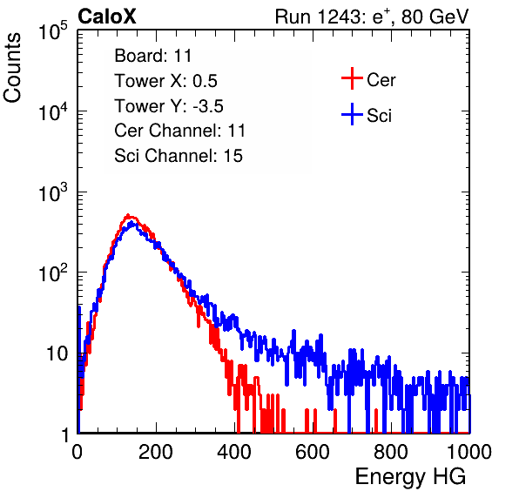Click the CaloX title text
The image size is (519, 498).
point(107,17)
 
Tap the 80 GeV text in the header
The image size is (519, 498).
point(435,17)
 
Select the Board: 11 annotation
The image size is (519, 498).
point(153,56)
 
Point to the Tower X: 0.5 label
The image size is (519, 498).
point(165,81)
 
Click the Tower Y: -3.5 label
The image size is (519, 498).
point(169,106)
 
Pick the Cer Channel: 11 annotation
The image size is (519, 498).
point(179,131)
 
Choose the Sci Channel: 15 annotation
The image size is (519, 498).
point(179,156)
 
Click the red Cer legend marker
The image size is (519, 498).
point(352,78)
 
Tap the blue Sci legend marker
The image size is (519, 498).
point(352,114)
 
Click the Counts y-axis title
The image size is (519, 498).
point(12,68)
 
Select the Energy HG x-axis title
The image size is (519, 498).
point(410,477)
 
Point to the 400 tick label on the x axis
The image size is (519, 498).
point(234,452)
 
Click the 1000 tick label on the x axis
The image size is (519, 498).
point(469,452)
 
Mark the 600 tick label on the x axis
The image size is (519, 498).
point(313,452)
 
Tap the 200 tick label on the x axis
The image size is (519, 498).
point(156,452)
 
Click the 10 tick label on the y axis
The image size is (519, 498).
point(57,353)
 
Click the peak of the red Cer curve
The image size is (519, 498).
point(128,215)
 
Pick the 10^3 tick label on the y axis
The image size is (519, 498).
point(53,192)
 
